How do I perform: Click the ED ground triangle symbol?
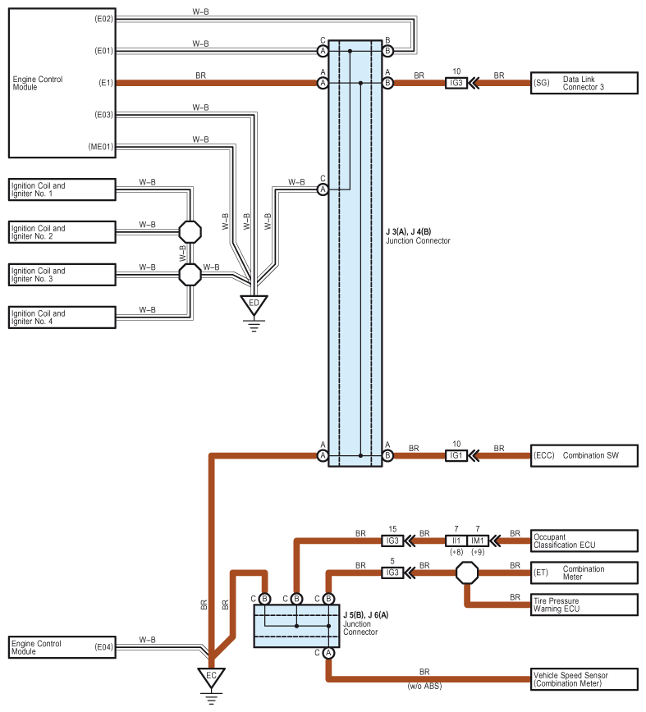(x=254, y=304)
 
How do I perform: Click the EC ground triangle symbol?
(x=211, y=678)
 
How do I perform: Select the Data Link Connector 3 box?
(x=584, y=83)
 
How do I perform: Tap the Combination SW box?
(x=584, y=454)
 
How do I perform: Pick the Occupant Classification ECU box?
(x=584, y=541)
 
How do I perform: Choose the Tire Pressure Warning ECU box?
(x=584, y=605)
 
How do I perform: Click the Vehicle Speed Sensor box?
(x=584, y=679)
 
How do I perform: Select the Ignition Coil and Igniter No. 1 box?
(x=62, y=189)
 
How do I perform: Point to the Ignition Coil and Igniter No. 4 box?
(x=62, y=317)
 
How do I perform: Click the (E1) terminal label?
(x=104, y=83)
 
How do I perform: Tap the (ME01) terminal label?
(x=102, y=147)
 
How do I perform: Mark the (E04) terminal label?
(x=103, y=647)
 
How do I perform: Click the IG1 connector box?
(x=456, y=455)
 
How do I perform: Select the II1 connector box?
(x=456, y=541)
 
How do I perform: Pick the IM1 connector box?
(x=478, y=541)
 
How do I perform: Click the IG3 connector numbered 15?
(x=392, y=541)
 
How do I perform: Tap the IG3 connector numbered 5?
(x=392, y=573)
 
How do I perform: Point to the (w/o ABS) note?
(x=424, y=687)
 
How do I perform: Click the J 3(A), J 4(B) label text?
(x=418, y=232)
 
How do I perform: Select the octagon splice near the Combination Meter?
(x=467, y=573)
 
